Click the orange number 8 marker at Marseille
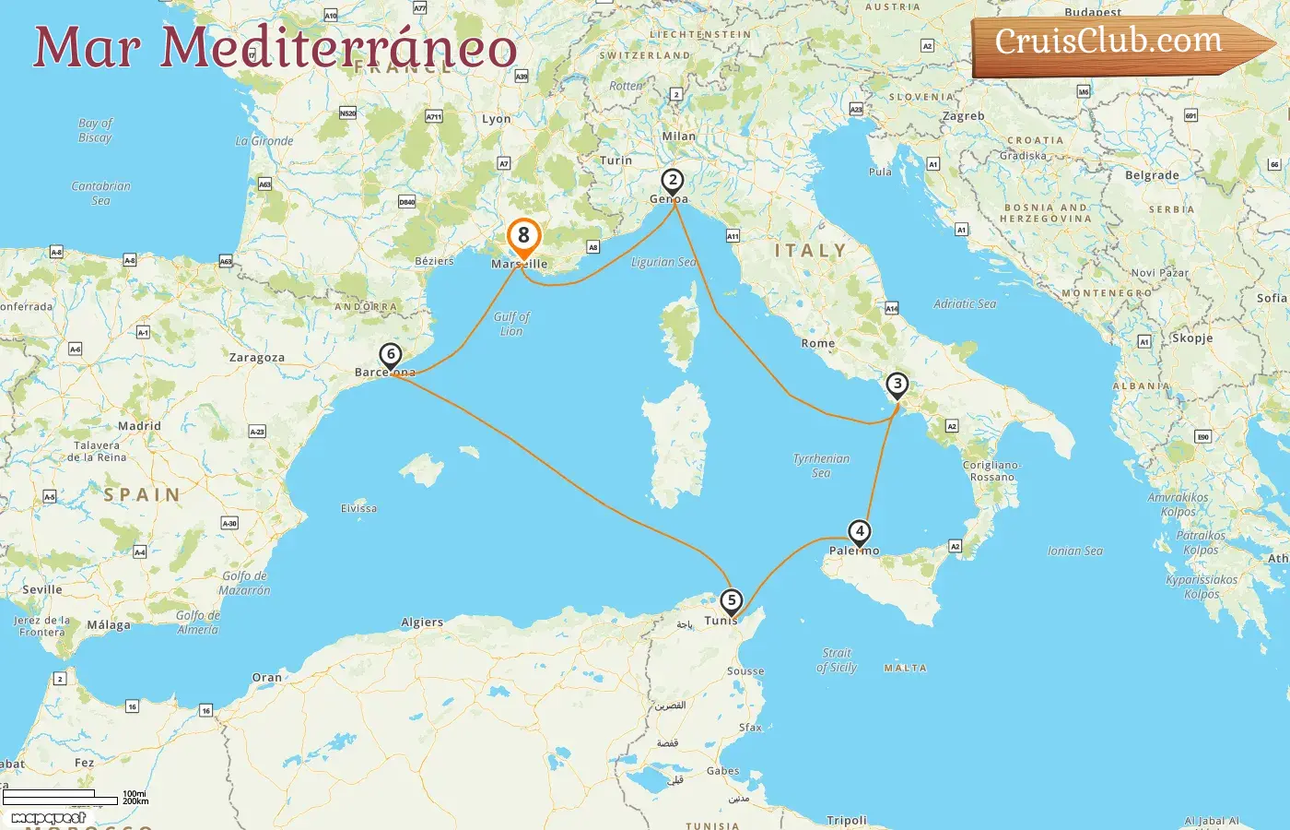pyautogui.click(x=523, y=236)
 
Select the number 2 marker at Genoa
pyautogui.click(x=673, y=181)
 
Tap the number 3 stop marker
pyautogui.click(x=897, y=384)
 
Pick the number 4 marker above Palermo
pyautogui.click(x=859, y=531)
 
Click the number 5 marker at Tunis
pyautogui.click(x=731, y=601)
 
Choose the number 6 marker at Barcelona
pyautogui.click(x=391, y=354)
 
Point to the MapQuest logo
pyautogui.click(x=49, y=818)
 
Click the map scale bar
pyautogui.click(x=61, y=797)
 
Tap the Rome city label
pyautogui.click(x=818, y=343)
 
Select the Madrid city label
pyautogui.click(x=139, y=426)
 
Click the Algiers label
pyautogui.click(x=422, y=622)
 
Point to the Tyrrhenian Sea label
pyautogui.click(x=821, y=466)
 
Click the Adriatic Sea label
pyautogui.click(x=965, y=303)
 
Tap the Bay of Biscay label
pyautogui.click(x=95, y=130)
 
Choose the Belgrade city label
pyautogui.click(x=1152, y=175)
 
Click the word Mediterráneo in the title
pyautogui.click(x=338, y=48)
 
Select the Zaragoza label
pyautogui.click(x=257, y=358)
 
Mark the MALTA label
pyautogui.click(x=905, y=668)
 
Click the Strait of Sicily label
pyautogui.click(x=837, y=660)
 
